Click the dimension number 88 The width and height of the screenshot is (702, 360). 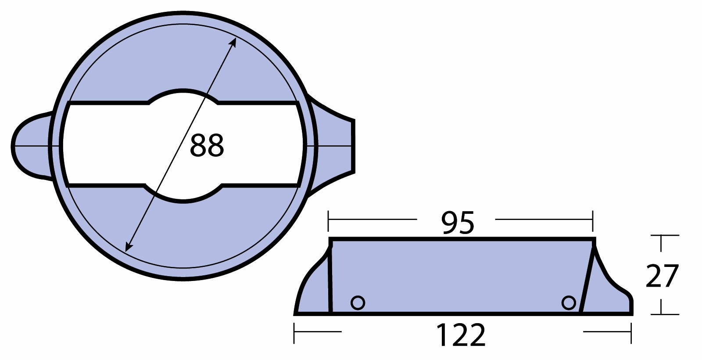207,145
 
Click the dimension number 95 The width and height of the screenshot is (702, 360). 458,223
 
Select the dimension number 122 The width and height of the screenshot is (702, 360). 461,335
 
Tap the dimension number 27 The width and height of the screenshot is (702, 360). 662,276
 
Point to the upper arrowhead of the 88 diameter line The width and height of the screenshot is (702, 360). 233,43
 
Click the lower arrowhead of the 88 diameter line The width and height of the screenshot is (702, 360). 128,246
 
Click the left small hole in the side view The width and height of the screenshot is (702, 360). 358,303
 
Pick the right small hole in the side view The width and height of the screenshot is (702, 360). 569,303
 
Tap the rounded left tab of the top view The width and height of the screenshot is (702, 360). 31,146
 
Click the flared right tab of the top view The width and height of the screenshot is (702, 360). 335,146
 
